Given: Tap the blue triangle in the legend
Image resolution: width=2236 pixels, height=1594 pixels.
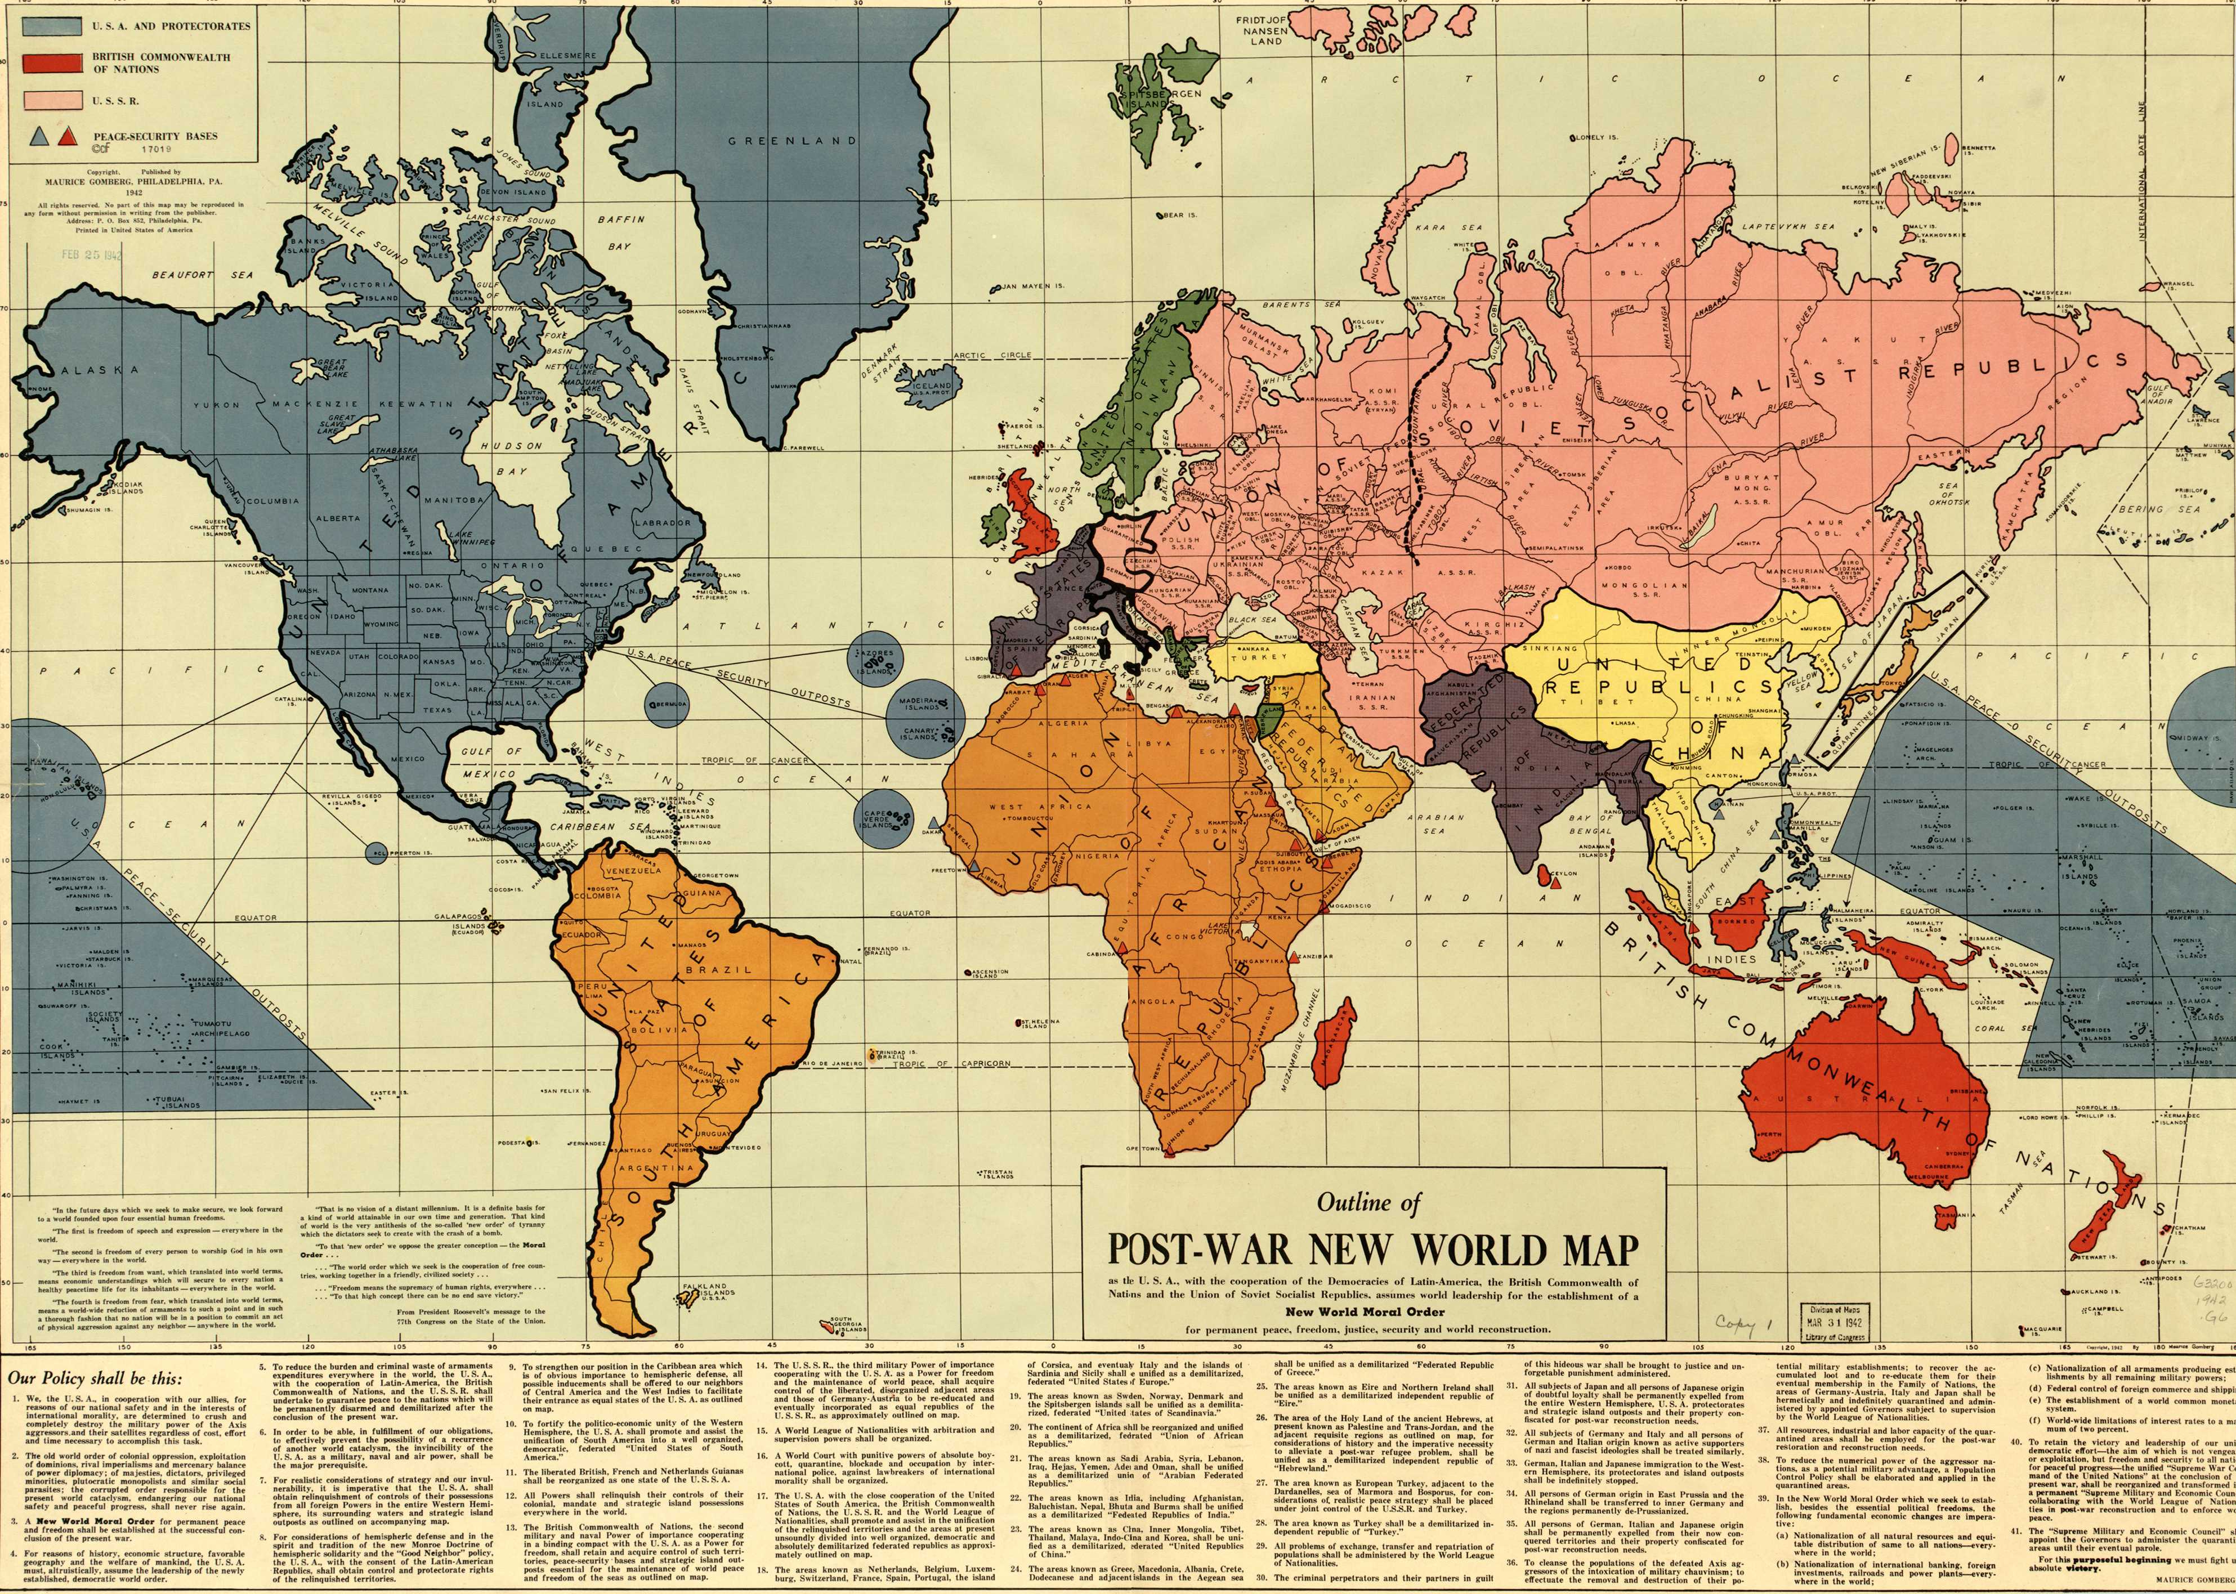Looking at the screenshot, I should (39, 136).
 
